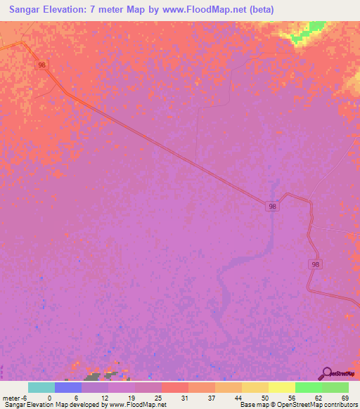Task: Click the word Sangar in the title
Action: click(x=28, y=10)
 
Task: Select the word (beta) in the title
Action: click(x=259, y=10)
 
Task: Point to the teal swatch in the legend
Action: click(x=41, y=387)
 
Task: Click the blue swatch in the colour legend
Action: click(x=68, y=387)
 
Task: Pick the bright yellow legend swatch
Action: click(x=281, y=387)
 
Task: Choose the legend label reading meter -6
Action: click(x=15, y=397)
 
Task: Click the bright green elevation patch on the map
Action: click(x=308, y=30)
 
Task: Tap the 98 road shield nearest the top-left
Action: click(x=43, y=65)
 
